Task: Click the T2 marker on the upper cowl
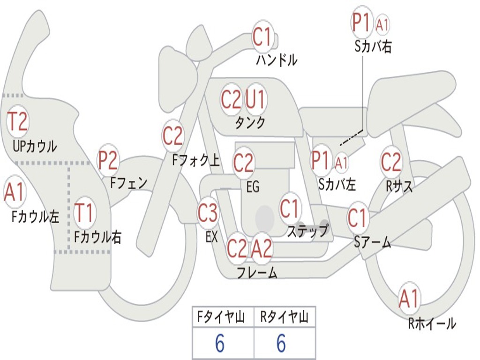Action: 18,121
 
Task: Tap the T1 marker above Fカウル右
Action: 84,212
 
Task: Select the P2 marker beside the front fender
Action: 108,160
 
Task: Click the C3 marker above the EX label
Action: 208,213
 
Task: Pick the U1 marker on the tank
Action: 255,99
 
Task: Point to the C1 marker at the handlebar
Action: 262,37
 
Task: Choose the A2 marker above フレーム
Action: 262,248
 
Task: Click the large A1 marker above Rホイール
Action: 409,299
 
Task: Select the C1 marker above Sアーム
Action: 357,217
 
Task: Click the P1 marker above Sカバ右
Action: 362,22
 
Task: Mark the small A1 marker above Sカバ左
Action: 341,163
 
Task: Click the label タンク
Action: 250,123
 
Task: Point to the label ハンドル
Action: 277,60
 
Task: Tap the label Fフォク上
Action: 196,160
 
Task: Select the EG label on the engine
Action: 253,187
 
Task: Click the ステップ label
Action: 307,231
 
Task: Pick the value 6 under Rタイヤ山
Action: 281,343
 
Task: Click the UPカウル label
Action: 35,146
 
